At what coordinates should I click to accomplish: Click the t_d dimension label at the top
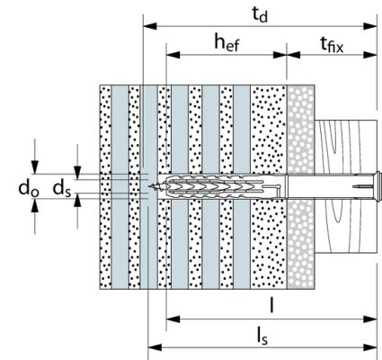[260, 14]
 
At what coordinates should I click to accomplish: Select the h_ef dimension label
[227, 42]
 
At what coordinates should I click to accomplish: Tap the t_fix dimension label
[332, 45]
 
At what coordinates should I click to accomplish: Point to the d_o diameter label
[29, 188]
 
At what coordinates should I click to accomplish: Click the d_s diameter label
[62, 189]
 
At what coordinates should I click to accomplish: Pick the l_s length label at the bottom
[262, 337]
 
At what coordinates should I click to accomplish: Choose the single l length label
[271, 306]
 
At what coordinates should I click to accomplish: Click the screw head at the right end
[378, 186]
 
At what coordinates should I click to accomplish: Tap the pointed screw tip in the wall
[151, 186]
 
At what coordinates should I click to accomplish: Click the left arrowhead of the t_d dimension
[150, 26]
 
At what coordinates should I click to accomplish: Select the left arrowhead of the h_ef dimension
[173, 55]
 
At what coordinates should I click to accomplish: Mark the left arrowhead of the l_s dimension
[155, 347]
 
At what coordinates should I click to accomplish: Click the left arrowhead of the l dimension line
[173, 319]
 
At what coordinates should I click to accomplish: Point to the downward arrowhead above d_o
[35, 167]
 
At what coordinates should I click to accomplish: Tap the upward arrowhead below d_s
[77, 200]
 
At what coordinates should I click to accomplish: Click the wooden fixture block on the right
[346, 186]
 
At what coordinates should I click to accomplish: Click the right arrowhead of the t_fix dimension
[370, 55]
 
